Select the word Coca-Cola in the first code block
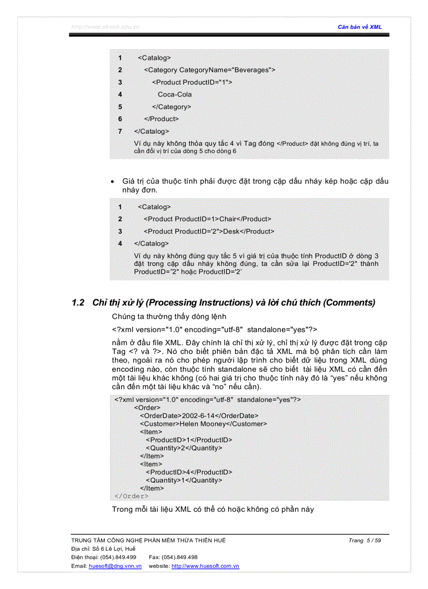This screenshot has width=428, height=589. click(x=175, y=94)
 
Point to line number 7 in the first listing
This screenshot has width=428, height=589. click(x=120, y=131)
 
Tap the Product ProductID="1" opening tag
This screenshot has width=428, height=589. click(x=192, y=82)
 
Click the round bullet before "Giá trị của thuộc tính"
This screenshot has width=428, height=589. click(x=113, y=181)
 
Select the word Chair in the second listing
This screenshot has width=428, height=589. click(x=228, y=219)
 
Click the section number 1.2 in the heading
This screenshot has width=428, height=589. click(x=78, y=303)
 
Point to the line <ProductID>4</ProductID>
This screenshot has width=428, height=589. click(x=189, y=472)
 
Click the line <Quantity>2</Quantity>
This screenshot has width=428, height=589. click(x=184, y=448)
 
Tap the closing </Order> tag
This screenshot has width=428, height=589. click(x=132, y=496)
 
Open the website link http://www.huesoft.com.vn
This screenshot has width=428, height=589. click(x=206, y=566)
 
